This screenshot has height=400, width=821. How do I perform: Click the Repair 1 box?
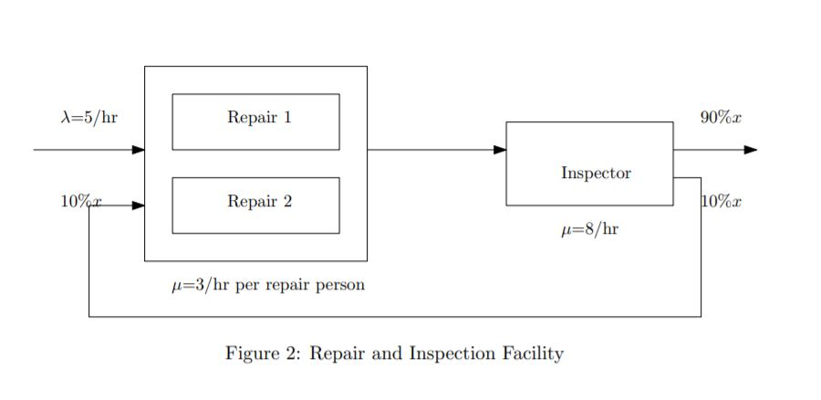pyautogui.click(x=255, y=121)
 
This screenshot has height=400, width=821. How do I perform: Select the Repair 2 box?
pyautogui.click(x=255, y=205)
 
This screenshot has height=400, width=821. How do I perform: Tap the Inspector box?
pyautogui.click(x=589, y=163)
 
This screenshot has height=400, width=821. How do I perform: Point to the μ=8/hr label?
pyautogui.click(x=589, y=229)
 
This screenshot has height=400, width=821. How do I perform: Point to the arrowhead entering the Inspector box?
pyautogui.click(x=500, y=150)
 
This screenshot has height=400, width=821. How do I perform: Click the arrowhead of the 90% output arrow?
pyautogui.click(x=751, y=150)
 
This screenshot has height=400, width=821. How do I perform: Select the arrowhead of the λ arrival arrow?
pyautogui.click(x=139, y=150)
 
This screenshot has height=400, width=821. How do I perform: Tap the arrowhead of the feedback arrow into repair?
pyautogui.click(x=139, y=205)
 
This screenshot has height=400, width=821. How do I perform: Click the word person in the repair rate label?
pyautogui.click(x=339, y=286)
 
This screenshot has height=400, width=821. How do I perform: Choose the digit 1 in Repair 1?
pyautogui.click(x=287, y=117)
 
